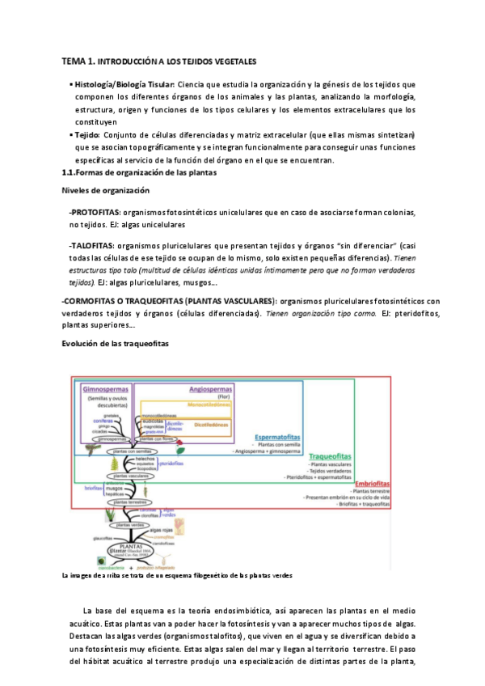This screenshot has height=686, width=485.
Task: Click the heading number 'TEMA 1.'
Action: pos(79,61)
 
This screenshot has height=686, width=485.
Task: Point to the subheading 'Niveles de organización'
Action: pos(106,190)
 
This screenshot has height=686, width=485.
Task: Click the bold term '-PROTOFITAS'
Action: pos(95,212)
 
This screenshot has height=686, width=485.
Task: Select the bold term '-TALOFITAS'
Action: pos(91,245)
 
